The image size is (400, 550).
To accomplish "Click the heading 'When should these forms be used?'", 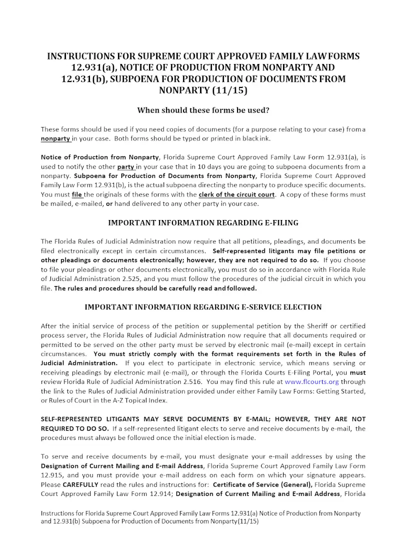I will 203,110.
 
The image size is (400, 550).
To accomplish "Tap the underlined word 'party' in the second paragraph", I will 126,166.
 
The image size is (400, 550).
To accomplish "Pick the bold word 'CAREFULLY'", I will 80,484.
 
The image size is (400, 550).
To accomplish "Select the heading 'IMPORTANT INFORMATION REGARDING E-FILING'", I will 203,222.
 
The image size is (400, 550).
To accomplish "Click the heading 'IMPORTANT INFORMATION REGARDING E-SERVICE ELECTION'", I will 203,307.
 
